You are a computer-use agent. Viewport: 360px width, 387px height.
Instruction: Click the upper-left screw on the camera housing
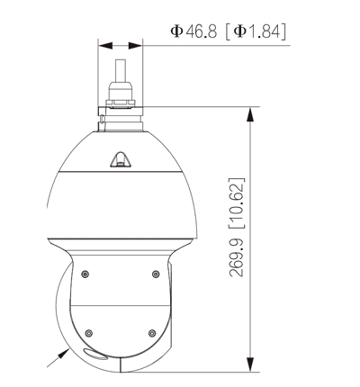pos(85,274)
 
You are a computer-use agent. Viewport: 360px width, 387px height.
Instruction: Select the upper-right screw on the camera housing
pos(155,274)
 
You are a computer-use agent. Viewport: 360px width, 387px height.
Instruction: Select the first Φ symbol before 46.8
pos(175,31)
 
